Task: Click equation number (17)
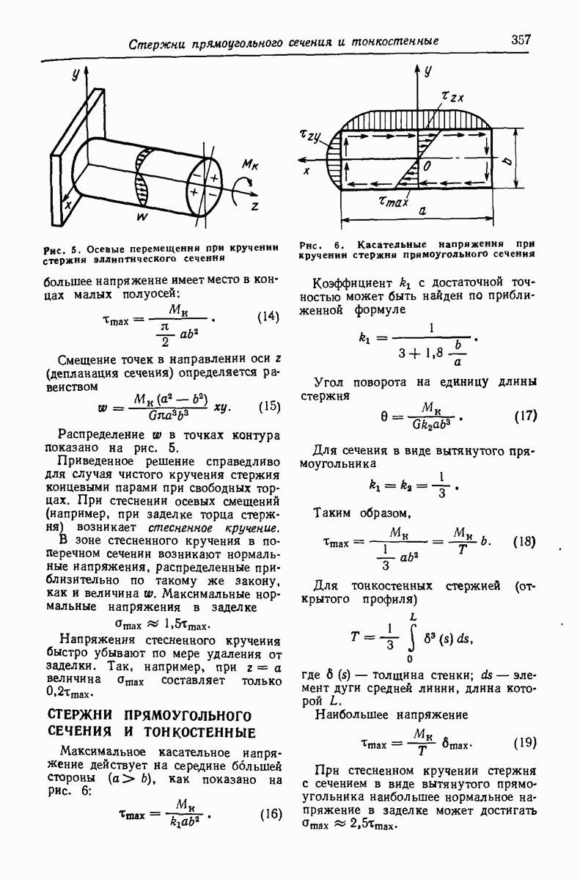point(524,416)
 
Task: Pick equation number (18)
point(524,542)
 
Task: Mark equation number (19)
point(524,742)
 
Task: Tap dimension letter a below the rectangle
point(423,210)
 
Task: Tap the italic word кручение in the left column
point(254,527)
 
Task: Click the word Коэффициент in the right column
point(349,284)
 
